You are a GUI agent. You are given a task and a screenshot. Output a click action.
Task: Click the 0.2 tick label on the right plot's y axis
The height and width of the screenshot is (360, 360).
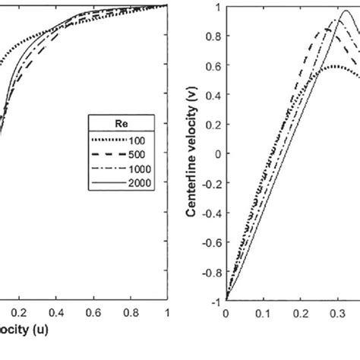(213, 124)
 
